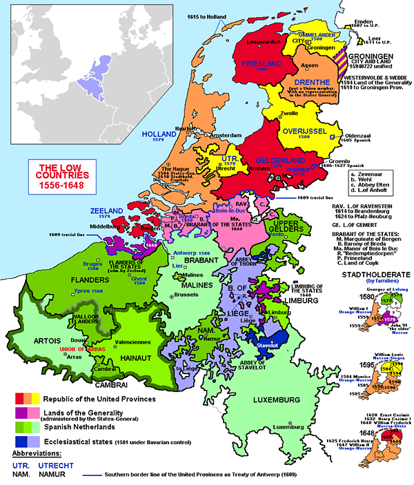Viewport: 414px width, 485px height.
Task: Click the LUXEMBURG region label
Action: tap(336, 400)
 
